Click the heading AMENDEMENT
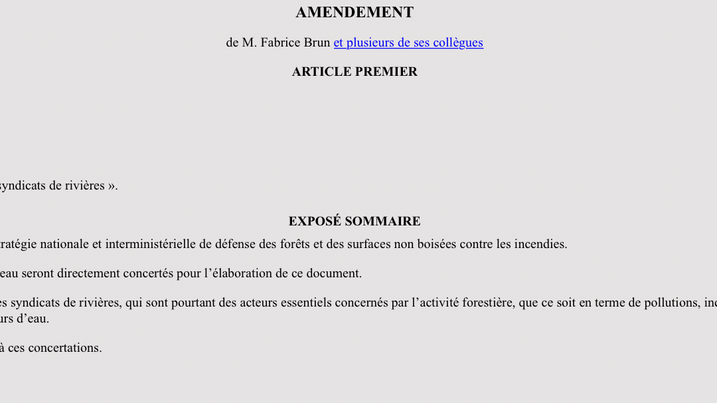click(x=355, y=13)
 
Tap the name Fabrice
click(x=281, y=43)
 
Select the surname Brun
click(x=317, y=43)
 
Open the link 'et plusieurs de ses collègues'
click(x=408, y=43)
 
